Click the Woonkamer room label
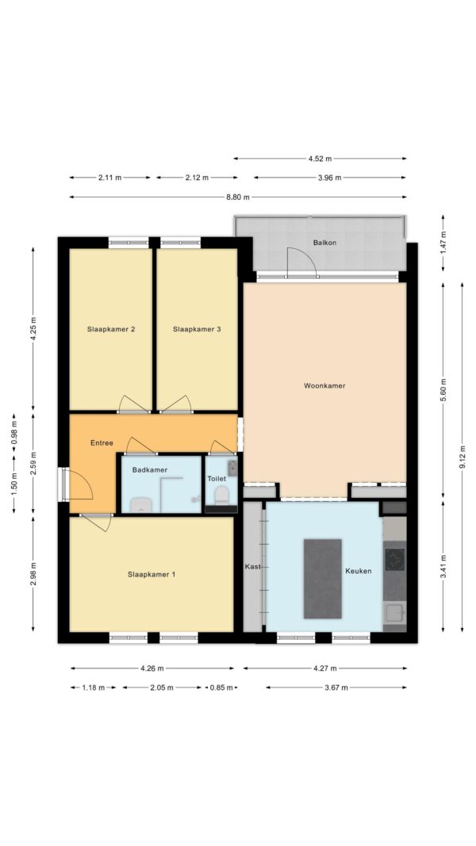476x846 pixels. click(x=324, y=386)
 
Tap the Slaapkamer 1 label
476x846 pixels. click(x=151, y=575)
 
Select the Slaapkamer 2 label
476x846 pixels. click(x=110, y=328)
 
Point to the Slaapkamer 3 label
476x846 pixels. click(x=197, y=328)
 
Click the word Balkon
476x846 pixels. click(x=325, y=243)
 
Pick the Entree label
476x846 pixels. click(x=102, y=443)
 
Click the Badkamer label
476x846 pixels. click(x=149, y=470)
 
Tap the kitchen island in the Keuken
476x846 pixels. click(x=323, y=579)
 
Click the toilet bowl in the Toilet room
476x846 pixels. click(x=221, y=495)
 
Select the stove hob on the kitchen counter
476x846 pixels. click(x=394, y=557)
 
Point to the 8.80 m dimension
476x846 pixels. click(x=238, y=197)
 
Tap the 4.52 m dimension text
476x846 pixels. click(x=320, y=159)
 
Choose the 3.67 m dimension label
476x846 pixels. click(x=336, y=687)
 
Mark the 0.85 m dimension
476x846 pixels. click(x=222, y=687)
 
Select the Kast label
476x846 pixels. click(x=252, y=567)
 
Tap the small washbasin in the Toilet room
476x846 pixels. click(x=232, y=467)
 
